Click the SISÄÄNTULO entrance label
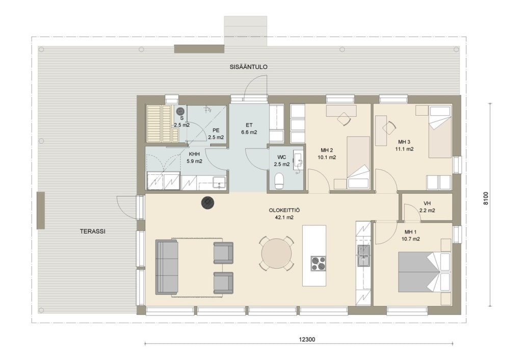pos(248,67)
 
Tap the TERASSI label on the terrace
pos(93,231)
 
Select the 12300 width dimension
pos(306,340)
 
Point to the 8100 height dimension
pos(486,198)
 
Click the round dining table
pos(276,254)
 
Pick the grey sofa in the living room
pos(167,267)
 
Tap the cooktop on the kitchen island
pos(318,264)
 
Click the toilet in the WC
pos(279,181)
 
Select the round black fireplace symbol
pos(208,202)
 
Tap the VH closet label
pos(427,203)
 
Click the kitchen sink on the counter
pos(363,255)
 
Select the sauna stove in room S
pos(180,111)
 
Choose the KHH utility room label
pos(194,154)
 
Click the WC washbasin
pos(298,160)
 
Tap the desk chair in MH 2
pos(344,119)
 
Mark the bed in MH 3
pos(440,132)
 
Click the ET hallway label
pos(249,125)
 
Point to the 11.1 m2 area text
pos(404,149)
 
